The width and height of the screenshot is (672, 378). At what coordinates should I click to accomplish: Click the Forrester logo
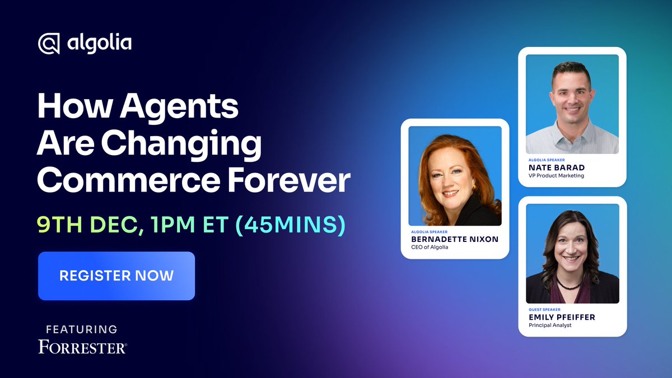click(x=82, y=347)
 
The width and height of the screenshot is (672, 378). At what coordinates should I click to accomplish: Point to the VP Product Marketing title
click(x=556, y=175)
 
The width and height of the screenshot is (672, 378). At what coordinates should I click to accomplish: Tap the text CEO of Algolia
click(x=430, y=247)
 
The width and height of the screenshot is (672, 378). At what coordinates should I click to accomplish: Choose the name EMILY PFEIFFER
click(x=562, y=317)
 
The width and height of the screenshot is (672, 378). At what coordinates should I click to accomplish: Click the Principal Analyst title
click(x=550, y=325)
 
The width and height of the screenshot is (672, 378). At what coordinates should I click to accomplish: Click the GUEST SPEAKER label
click(x=544, y=309)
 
